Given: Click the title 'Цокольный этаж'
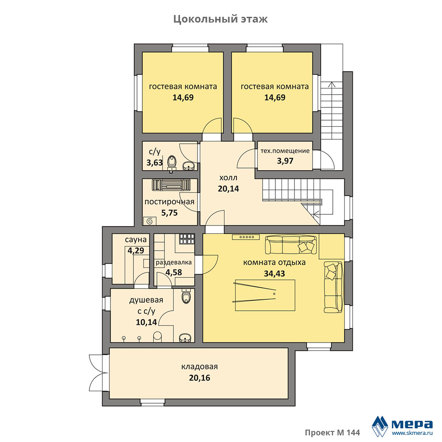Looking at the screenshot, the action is tap(221, 19).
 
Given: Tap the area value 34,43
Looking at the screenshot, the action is tap(274, 274).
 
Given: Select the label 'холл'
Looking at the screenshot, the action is tap(229, 178).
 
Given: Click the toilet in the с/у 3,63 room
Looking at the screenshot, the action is tap(172, 163).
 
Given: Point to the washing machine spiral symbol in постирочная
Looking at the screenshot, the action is tap(150, 221).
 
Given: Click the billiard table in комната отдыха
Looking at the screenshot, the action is tap(265, 295).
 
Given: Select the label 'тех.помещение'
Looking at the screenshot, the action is tap(285, 151).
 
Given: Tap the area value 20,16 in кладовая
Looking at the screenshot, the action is tap(200, 378).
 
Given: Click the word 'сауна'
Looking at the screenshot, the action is tap(136, 240).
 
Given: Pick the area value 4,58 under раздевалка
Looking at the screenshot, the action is tap(174, 272).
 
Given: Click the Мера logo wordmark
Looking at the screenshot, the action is tap(412, 424).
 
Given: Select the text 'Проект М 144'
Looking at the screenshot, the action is tap(332, 432).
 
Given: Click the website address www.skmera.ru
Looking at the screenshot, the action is tap(412, 433).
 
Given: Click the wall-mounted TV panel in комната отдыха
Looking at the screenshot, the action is tap(246, 237).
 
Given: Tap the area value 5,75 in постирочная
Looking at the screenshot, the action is tap(169, 213).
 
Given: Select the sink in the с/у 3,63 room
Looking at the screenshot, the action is tap(189, 166).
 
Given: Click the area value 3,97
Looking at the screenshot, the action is tap(285, 161).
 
